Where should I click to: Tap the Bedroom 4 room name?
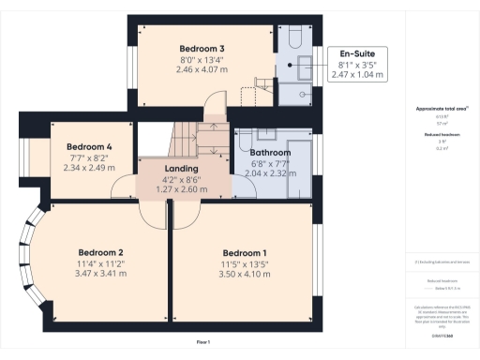(89, 147)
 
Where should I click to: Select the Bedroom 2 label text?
(101, 252)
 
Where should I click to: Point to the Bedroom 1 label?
(245, 253)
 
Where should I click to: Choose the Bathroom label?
(270, 152)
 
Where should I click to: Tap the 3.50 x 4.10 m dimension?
(245, 275)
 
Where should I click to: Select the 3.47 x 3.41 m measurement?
(101, 274)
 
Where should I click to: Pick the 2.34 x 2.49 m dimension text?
(89, 169)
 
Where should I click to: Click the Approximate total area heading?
(442, 109)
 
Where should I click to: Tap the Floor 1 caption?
(203, 342)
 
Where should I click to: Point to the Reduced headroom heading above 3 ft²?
(442, 135)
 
